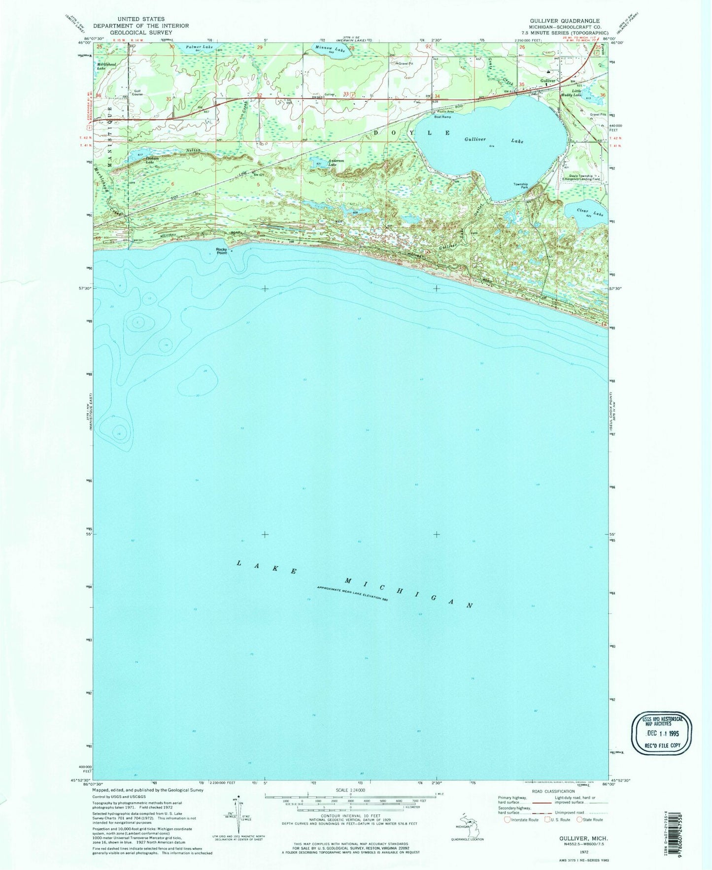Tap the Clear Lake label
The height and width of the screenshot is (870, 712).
click(590, 212)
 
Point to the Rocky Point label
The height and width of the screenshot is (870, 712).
click(222, 251)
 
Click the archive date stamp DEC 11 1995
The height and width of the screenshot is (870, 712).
click(663, 733)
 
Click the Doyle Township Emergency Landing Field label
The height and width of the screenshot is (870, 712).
click(582, 177)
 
